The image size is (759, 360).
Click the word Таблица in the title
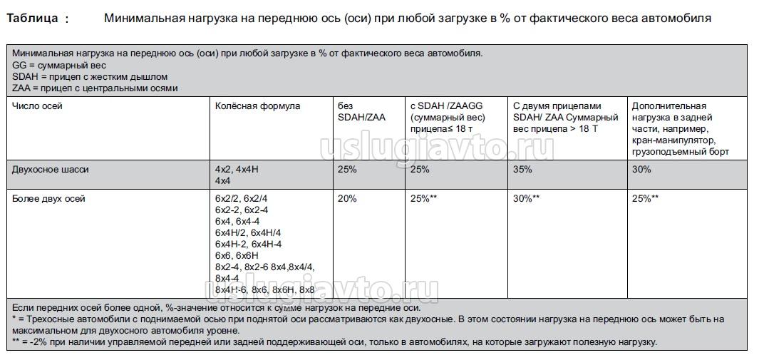(33, 19)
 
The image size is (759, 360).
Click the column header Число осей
(37, 106)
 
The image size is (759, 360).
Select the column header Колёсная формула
(257, 106)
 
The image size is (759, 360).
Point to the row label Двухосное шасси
(51, 170)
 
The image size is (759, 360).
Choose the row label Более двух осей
(48, 198)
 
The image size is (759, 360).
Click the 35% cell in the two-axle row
(522, 170)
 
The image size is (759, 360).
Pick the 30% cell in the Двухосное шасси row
(641, 170)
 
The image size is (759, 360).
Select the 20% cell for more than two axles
(347, 198)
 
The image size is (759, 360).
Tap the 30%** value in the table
(526, 198)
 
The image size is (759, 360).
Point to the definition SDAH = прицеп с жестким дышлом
(90, 76)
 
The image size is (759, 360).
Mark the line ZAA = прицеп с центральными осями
(95, 88)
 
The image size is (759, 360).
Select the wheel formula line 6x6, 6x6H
(237, 255)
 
